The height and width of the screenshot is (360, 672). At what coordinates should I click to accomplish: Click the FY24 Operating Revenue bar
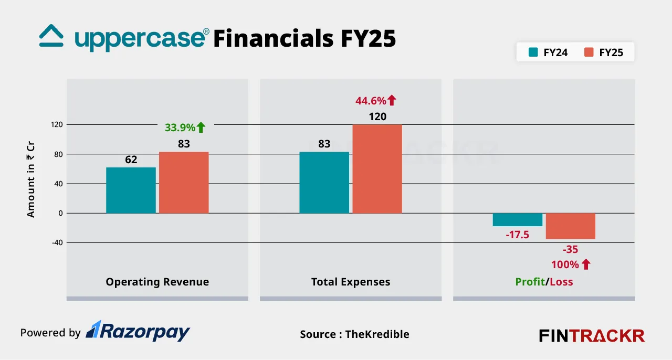pyautogui.click(x=131, y=190)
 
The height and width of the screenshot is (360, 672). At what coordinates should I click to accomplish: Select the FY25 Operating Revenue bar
pyautogui.click(x=184, y=183)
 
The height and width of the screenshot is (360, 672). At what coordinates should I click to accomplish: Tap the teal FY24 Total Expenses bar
pyautogui.click(x=324, y=183)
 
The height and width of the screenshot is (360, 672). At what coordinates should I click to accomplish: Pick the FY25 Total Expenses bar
pyautogui.click(x=377, y=169)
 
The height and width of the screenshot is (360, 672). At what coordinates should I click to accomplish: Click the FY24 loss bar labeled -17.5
pyautogui.click(x=518, y=219)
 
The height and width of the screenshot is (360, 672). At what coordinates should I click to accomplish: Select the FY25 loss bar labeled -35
pyautogui.click(x=571, y=226)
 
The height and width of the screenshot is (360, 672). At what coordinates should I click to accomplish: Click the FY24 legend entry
pyautogui.click(x=548, y=52)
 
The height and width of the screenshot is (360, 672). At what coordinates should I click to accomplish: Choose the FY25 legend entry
pyautogui.click(x=604, y=52)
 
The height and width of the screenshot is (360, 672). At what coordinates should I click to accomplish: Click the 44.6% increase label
pyautogui.click(x=376, y=100)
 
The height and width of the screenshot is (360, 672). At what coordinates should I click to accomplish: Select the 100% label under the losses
pyautogui.click(x=571, y=264)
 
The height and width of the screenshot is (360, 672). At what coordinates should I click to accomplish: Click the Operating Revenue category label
pyautogui.click(x=157, y=282)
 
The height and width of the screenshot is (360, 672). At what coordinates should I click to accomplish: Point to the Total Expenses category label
pyautogui.click(x=351, y=282)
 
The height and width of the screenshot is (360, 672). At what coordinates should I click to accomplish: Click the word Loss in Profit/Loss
pyautogui.click(x=561, y=282)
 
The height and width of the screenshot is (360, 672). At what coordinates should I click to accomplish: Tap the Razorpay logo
pyautogui.click(x=138, y=331)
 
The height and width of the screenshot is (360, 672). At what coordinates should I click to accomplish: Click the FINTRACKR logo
pyautogui.click(x=592, y=335)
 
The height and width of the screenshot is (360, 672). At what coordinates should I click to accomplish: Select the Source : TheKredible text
pyautogui.click(x=354, y=334)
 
